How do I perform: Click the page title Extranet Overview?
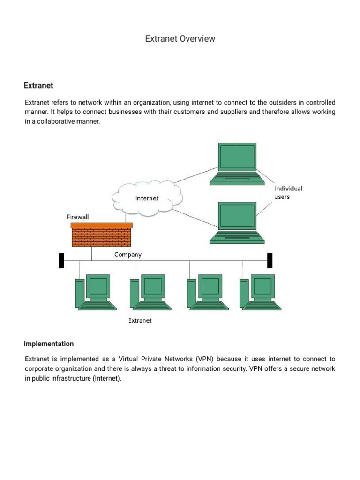180,39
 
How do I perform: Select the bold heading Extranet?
38,86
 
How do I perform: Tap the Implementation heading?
49,344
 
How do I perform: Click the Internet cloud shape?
147,198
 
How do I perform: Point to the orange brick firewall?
101,234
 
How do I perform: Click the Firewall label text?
77,217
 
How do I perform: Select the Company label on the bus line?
128,255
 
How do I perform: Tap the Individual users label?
288,192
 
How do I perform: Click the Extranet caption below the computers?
140,321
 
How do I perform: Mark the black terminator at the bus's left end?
61,260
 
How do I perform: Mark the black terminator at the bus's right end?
270,260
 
